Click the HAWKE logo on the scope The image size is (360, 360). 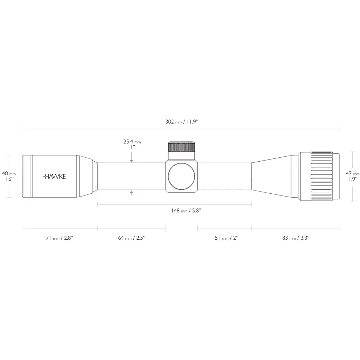click(x=54, y=176)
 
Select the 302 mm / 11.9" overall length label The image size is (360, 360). click(x=181, y=122)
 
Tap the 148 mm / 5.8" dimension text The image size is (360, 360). click(x=186, y=211)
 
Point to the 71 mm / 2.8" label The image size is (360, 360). click(x=59, y=238)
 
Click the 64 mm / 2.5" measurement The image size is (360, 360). click(x=131, y=238)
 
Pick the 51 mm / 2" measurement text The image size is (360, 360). click(x=226, y=238)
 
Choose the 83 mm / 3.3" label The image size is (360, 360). click(x=296, y=238)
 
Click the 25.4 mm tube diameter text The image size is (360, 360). click(x=132, y=141)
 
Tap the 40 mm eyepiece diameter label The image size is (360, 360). click(x=9, y=174)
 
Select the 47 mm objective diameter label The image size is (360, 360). click(x=352, y=174)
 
